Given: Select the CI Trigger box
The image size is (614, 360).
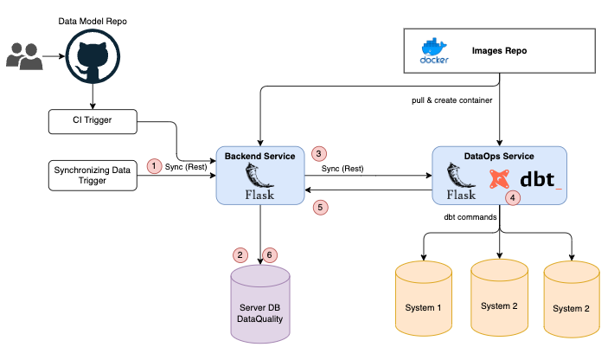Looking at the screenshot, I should pyautogui.click(x=93, y=121).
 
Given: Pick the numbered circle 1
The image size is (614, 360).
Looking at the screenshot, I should pyautogui.click(x=155, y=165).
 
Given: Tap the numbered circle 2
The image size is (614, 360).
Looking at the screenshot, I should pyautogui.click(x=240, y=255).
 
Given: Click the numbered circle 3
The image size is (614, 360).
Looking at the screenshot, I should pyautogui.click(x=319, y=153).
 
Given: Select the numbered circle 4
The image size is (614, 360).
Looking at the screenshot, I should pyautogui.click(x=514, y=197).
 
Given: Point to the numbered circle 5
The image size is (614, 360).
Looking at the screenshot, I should pyautogui.click(x=320, y=208).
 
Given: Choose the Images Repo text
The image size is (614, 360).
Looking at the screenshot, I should pyautogui.click(x=498, y=51).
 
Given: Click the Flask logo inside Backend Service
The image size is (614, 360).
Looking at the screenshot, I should pyautogui.click(x=259, y=183).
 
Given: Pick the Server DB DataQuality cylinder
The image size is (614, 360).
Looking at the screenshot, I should pyautogui.click(x=260, y=305).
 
